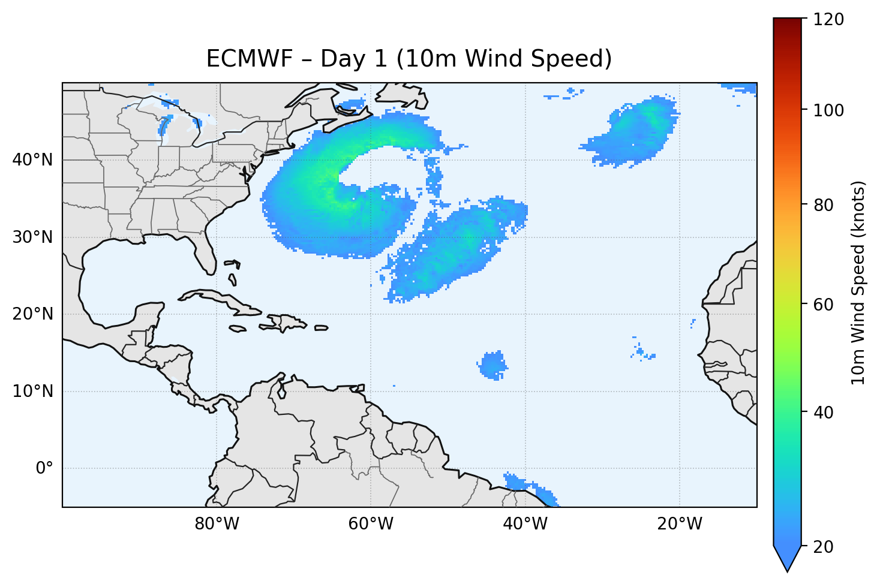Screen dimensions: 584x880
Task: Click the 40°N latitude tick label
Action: tap(32, 160)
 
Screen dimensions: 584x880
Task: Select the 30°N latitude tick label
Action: tap(32, 237)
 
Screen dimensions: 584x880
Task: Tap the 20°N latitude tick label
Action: tap(32, 314)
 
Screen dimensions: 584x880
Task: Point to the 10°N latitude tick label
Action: tap(32, 392)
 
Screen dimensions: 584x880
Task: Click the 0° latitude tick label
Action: tap(44, 468)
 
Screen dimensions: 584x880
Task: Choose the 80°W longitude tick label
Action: tap(217, 524)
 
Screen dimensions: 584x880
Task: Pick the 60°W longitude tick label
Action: tap(371, 524)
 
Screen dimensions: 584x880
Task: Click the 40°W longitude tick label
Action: tap(525, 524)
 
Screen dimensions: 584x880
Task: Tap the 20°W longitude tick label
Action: tap(679, 524)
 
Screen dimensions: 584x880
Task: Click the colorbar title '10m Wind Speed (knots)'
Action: tap(858, 283)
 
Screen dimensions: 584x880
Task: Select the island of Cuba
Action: tap(222, 300)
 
